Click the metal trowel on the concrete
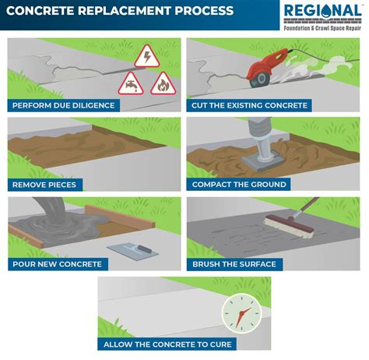click(128, 248)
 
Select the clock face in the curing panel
click(239, 314)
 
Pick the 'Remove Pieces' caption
click(44, 185)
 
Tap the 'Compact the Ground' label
click(239, 185)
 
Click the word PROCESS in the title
click(204, 12)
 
